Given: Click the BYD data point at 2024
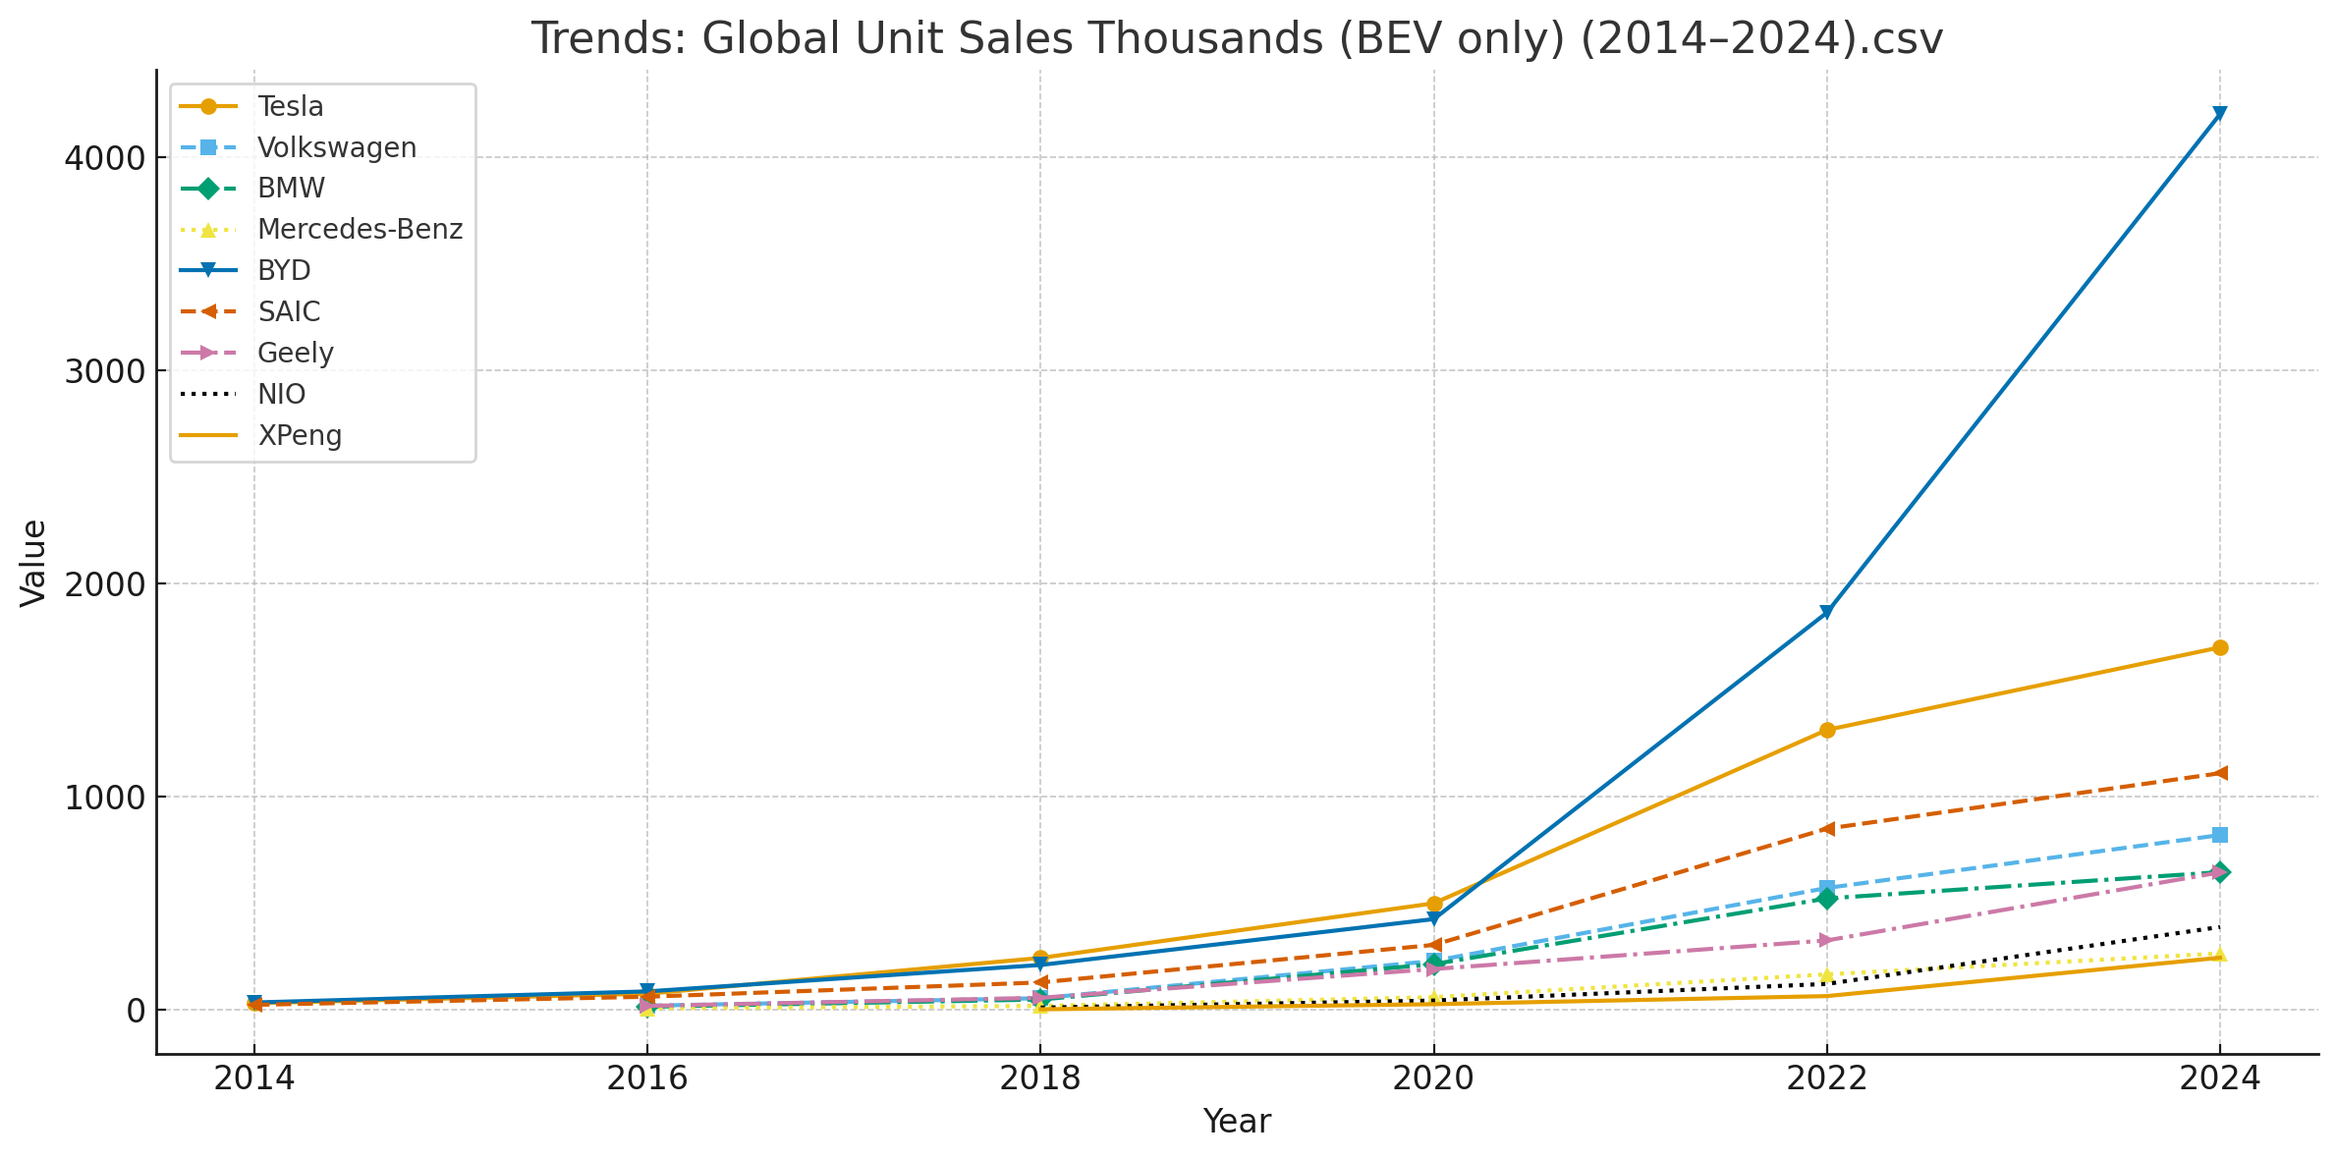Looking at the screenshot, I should coord(2219,114).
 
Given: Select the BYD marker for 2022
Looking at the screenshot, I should coord(1826,613).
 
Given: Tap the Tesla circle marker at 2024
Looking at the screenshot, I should coord(2219,647).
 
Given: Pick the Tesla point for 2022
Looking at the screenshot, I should coord(1826,730).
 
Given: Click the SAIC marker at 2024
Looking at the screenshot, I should coord(2219,773).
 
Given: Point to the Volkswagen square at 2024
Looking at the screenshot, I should coord(2219,835).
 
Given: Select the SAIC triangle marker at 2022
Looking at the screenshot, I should coord(1826,829).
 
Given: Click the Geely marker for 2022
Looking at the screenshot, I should coord(1826,940).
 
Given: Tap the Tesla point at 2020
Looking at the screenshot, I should coord(1433,904).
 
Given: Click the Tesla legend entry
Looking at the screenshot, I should coord(290,106).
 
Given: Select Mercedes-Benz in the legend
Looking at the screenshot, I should coord(359,230).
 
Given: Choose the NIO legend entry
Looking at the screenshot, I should coord(281,395).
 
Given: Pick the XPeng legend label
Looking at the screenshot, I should coord(300,435).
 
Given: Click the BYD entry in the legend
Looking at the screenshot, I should coord(284,271).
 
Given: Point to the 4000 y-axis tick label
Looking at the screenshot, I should coord(104,158).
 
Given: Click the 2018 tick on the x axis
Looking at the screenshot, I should coord(1039,1078).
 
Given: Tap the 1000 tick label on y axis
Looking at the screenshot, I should coord(104,798).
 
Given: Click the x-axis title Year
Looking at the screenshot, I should coord(1237,1122).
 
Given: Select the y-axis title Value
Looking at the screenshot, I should coord(33,563).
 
